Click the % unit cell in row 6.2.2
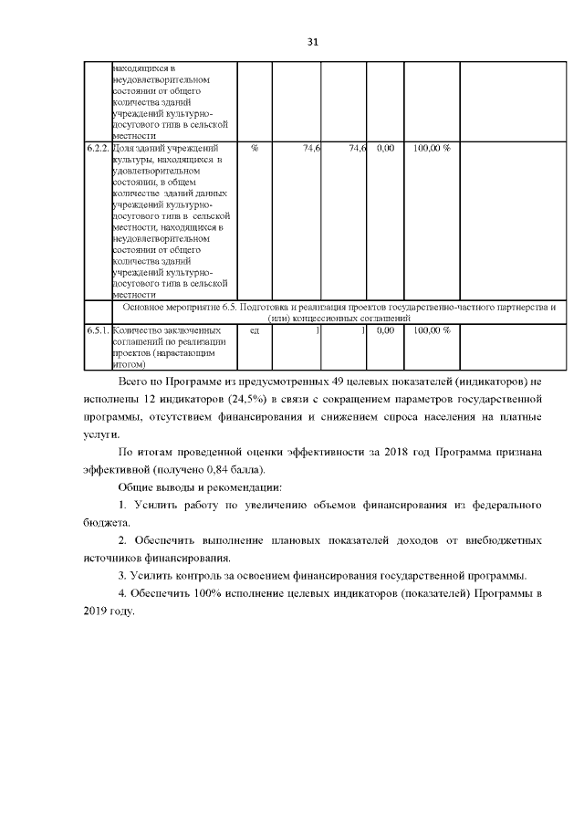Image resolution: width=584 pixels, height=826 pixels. click(254, 148)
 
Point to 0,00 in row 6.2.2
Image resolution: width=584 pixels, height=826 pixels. click(384, 148)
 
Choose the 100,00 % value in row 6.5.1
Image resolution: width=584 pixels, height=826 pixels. click(432, 330)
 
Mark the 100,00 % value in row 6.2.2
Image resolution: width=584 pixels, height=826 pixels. click(432, 148)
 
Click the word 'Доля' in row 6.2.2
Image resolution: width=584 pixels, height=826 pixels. click(122, 148)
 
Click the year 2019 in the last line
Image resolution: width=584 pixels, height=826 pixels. click(95, 611)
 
